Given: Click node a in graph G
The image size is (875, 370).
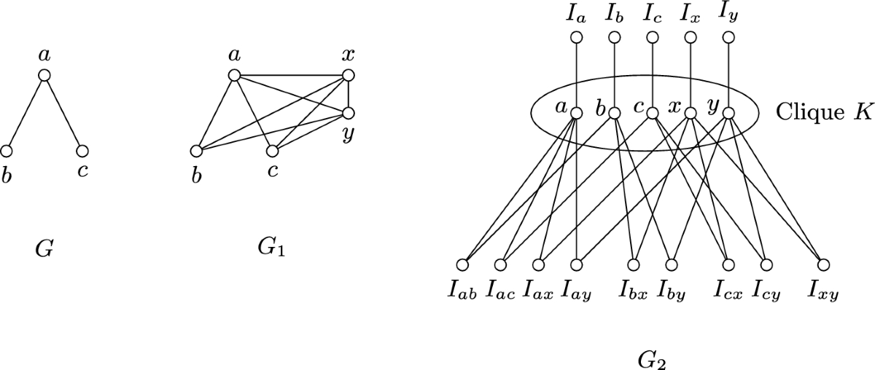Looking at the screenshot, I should coord(44,75).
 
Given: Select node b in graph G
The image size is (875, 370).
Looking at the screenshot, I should coord(7,151).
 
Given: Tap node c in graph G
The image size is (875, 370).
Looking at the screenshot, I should coord(82,151).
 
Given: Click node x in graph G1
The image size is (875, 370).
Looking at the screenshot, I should coord(348,75).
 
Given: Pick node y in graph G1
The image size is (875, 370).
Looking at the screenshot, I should coord(348,113).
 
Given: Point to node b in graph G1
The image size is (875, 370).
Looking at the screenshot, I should coord(196,151).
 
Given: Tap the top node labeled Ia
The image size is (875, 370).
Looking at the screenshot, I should coord(576,38).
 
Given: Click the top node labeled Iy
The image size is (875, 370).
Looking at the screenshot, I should coord(728,38).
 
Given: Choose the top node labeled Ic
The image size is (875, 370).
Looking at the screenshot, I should coord(652,38).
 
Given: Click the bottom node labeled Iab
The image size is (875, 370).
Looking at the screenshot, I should coord(462,264).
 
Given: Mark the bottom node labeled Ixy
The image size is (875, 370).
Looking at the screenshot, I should coord(823,264).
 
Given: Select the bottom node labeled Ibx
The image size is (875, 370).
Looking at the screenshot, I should coord(634,264).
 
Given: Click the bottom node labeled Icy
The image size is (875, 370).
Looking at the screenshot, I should coord(766,264).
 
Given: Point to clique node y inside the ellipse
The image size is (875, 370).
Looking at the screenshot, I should coord(728,113).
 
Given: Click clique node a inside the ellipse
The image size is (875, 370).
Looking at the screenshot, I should coord(576,113).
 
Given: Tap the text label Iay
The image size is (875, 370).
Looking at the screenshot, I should coord(576,293).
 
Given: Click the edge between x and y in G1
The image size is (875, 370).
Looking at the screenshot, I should coord(348,94).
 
